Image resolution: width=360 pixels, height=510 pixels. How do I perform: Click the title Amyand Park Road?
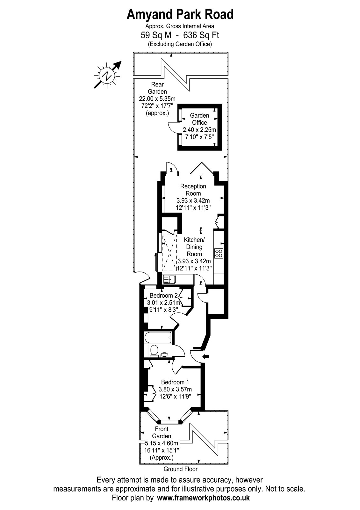pyautogui.click(x=180, y=15)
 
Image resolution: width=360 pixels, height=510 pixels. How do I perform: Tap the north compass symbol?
pyautogui.click(x=107, y=75)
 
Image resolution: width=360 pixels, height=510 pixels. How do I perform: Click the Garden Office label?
pyautogui.click(x=199, y=119)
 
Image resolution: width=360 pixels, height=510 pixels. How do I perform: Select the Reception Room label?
pyautogui.click(x=193, y=190)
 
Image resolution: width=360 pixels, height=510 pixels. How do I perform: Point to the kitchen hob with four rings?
pyautogui.click(x=219, y=253)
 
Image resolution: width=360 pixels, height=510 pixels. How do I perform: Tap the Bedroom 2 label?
pyautogui.click(x=164, y=295)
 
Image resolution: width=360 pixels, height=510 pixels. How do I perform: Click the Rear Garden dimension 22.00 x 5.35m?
pyautogui.click(x=157, y=99)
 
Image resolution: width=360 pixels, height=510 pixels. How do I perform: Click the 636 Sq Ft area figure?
pyautogui.click(x=201, y=35)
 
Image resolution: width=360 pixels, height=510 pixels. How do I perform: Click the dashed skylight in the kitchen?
pyautogui.click(x=169, y=253)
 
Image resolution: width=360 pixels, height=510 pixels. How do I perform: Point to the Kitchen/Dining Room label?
pyautogui.click(x=194, y=247)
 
